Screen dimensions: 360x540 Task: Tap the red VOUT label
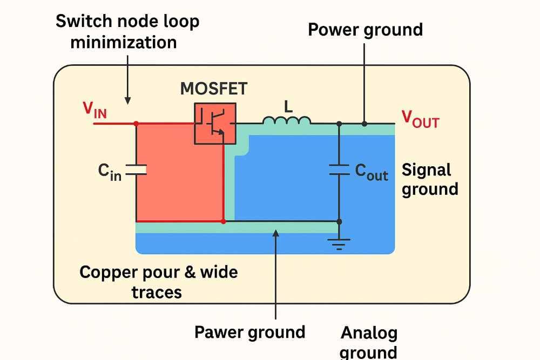point(420,119)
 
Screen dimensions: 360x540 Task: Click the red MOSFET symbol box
point(215,123)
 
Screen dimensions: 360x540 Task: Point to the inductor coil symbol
point(287,120)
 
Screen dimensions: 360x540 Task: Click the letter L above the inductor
point(288,106)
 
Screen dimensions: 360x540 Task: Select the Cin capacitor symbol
point(136,171)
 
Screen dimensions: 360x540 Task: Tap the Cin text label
point(110,172)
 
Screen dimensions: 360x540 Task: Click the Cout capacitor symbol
point(339,171)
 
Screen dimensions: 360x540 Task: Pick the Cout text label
point(372,172)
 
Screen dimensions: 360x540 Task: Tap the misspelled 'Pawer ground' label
point(249,332)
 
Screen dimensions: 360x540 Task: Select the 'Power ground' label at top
point(365,30)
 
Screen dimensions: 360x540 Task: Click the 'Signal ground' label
point(430,179)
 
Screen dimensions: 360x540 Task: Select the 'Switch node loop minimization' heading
point(127,31)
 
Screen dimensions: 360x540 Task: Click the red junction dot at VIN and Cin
point(136,124)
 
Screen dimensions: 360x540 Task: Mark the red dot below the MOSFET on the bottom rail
point(223,221)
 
